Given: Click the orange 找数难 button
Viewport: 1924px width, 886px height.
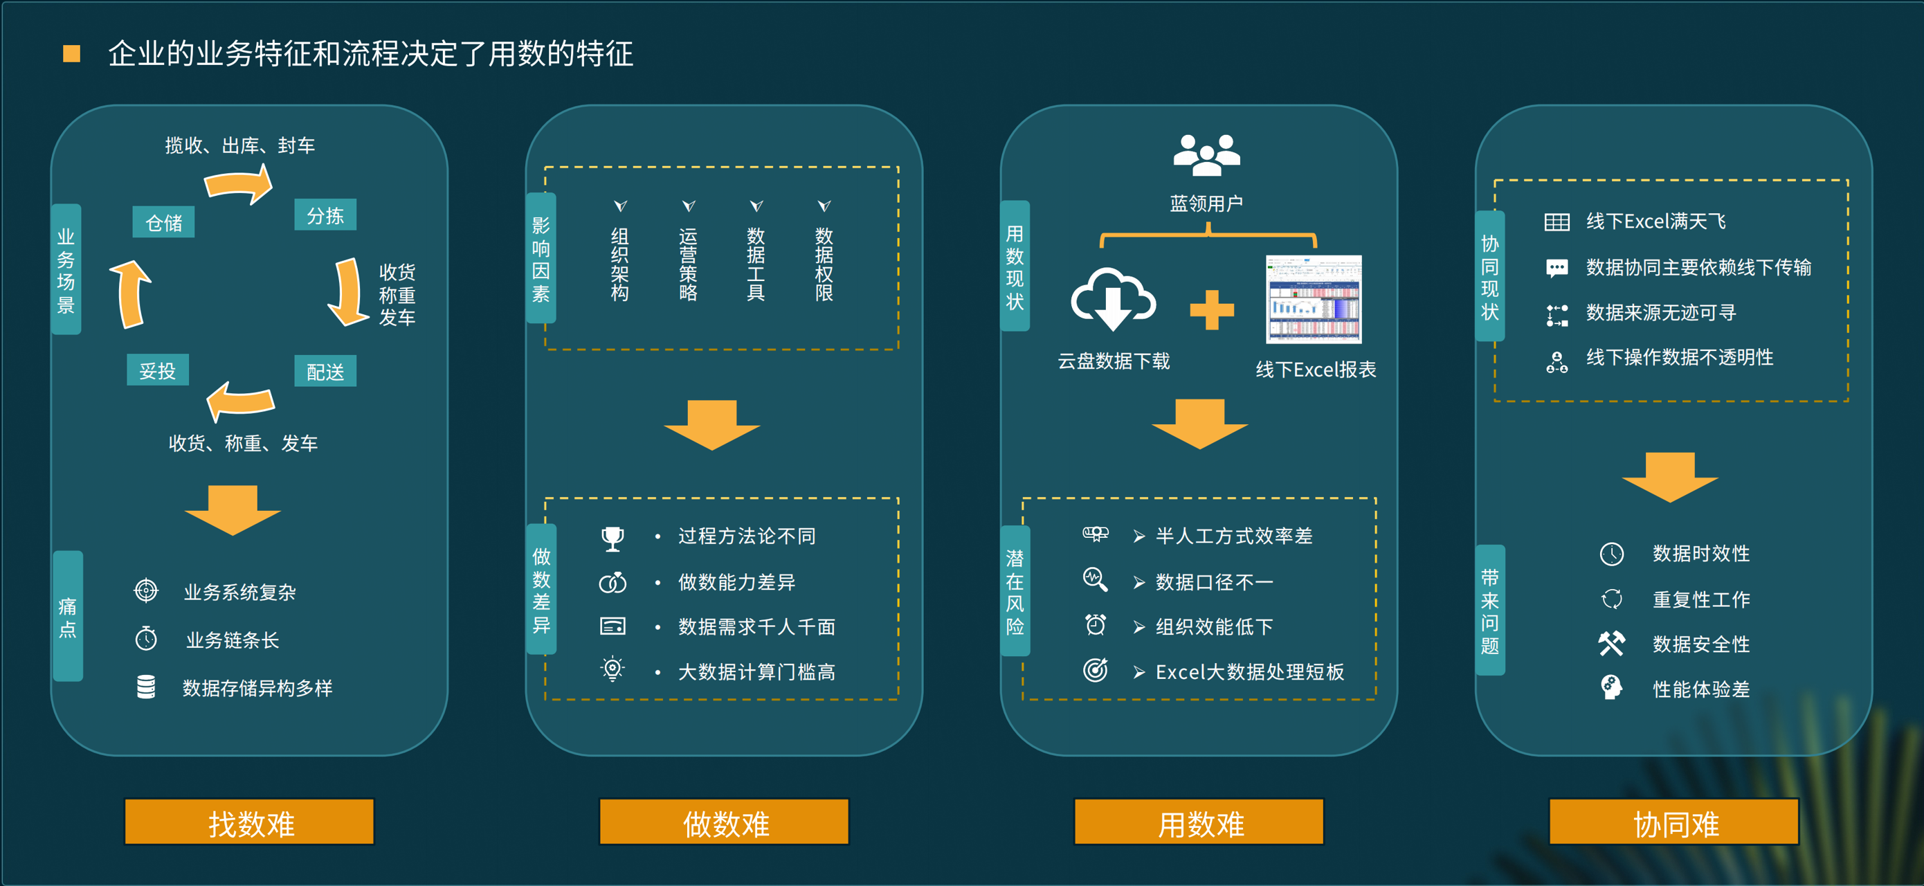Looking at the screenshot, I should pos(249,822).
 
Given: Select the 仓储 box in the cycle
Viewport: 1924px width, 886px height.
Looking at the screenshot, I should pos(163,222).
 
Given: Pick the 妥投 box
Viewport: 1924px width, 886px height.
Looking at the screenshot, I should pos(158,370).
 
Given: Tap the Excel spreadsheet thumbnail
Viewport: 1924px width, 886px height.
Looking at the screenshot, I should pos(1314,299).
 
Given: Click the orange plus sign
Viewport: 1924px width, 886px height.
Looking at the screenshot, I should pos(1211,309).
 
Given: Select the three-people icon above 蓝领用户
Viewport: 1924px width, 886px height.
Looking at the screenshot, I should pos(1206,154).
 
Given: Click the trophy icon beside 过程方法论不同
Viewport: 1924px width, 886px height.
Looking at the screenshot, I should pos(612,537).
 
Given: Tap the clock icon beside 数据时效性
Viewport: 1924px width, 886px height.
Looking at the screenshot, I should pos(1611,554).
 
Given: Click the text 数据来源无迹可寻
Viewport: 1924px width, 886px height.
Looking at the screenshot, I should pos(1661,312).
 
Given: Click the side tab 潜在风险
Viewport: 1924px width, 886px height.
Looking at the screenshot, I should pos(1015,591).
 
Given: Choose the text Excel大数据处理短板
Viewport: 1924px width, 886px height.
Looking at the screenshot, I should pos(1249,671).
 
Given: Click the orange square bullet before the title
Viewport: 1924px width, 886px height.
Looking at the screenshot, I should pos(72,54).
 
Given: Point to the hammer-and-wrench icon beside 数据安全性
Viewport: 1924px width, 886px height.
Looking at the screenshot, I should pos(1611,643).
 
